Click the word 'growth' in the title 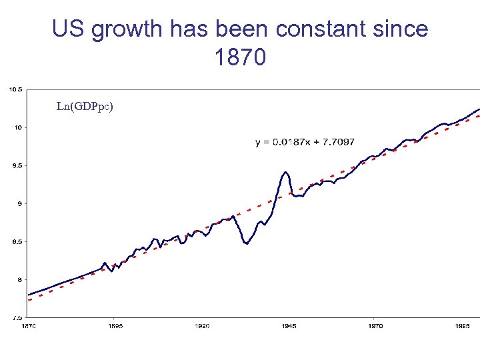pyautogui.click(x=125, y=29)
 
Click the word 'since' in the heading pyautogui.click(x=401, y=29)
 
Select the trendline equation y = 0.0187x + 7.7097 pyautogui.click(x=305, y=142)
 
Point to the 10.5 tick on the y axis pyautogui.click(x=15, y=89)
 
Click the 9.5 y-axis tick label pyautogui.click(x=17, y=165)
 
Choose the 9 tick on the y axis pyautogui.click(x=19, y=203)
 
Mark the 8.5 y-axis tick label pyautogui.click(x=17, y=241)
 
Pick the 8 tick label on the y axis pyautogui.click(x=19, y=279)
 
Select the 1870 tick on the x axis pyautogui.click(x=28, y=326)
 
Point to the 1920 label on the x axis pyautogui.click(x=201, y=326)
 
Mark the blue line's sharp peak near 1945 pyautogui.click(x=285, y=172)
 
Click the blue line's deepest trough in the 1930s pyautogui.click(x=247, y=244)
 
